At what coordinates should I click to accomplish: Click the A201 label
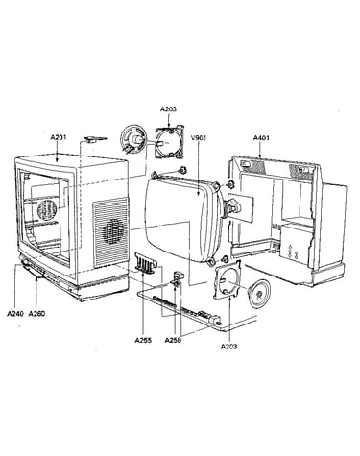tap(59, 138)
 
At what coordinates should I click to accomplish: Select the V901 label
tap(199, 138)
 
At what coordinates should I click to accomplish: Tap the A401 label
tap(261, 138)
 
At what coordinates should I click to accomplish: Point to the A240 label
tap(15, 314)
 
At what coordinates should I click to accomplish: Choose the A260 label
tap(36, 314)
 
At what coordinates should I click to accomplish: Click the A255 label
tap(143, 340)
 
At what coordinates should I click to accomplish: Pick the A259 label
tap(173, 340)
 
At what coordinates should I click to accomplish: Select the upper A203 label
tap(168, 109)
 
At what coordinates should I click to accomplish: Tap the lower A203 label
tap(228, 347)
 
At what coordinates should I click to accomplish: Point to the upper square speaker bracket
tap(170, 143)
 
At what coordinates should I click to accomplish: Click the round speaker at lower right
tap(259, 294)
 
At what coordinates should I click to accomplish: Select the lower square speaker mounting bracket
tap(227, 279)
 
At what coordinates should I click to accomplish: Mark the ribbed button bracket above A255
tap(147, 263)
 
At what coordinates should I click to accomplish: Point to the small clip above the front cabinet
tap(94, 139)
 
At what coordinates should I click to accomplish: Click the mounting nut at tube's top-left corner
tap(182, 170)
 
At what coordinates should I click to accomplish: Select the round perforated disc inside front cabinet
tap(47, 210)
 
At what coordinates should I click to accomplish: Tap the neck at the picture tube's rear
tap(232, 206)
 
